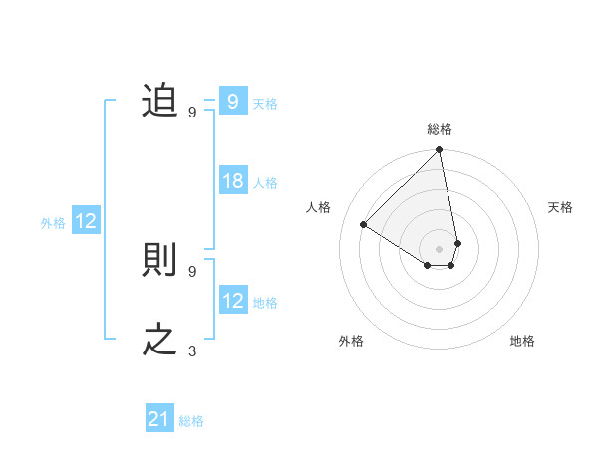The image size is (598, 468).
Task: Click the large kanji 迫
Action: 159,101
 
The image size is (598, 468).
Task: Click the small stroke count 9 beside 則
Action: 192,271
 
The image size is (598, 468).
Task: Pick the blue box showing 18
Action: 233,182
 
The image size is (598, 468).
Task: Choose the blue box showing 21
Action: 159,420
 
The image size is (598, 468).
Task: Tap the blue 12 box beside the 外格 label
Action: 86,222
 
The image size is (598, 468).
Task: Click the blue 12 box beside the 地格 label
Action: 233,301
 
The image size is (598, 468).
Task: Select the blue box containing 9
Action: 233,102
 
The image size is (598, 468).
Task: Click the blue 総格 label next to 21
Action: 191,421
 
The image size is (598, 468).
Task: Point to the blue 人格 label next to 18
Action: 265,183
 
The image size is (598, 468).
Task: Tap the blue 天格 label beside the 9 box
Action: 265,103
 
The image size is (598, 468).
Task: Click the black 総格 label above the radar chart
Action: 440,130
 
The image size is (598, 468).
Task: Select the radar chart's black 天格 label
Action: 560,207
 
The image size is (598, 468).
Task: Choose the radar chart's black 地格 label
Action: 522,341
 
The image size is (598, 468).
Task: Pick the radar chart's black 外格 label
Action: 351,341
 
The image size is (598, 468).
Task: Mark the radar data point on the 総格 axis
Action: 440,151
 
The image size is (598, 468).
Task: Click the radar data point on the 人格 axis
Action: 364,224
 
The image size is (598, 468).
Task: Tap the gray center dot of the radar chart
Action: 440,248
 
